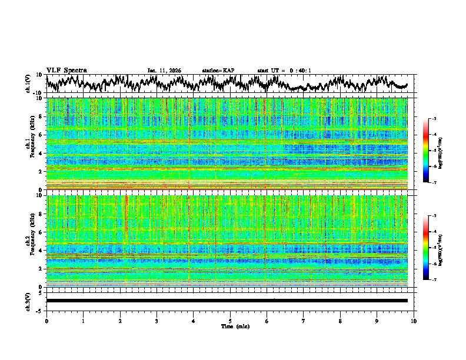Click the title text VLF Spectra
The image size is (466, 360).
coord(66,70)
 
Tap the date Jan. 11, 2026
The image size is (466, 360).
coord(164,71)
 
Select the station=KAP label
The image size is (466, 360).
coord(218,71)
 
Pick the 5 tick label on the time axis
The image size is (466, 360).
coord(230,321)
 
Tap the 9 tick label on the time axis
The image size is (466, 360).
coord(377,321)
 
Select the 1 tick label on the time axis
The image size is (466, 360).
coord(83,321)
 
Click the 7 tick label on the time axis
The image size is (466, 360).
coord(304,321)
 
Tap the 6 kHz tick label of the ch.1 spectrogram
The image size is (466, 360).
coord(41,135)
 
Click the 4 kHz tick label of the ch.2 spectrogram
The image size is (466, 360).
coord(41,251)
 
